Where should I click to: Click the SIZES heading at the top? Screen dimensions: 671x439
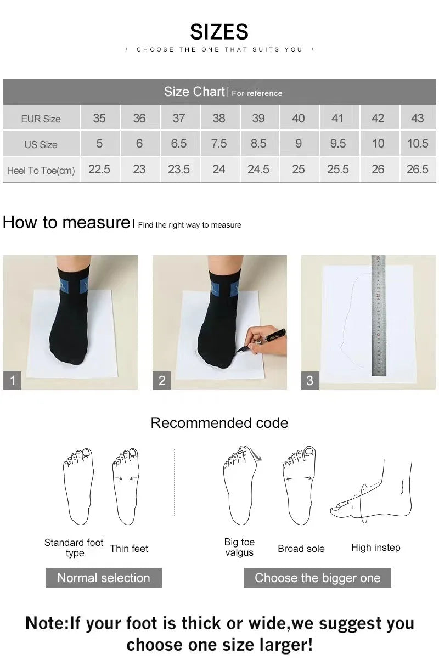[219, 32]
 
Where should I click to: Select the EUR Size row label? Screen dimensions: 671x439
[41, 119]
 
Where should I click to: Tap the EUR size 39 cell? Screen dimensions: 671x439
[258, 118]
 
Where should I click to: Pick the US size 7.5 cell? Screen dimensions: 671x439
[218, 144]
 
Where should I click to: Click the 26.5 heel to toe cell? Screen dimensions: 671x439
[417, 170]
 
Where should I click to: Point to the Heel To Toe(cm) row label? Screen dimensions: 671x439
[41, 171]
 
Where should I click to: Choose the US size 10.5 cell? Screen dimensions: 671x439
[417, 144]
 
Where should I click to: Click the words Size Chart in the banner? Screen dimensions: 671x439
[194, 92]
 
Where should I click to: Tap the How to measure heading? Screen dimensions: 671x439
[66, 223]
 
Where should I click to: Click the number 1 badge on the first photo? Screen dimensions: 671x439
[13, 380]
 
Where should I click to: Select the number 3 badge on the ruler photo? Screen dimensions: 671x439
[310, 380]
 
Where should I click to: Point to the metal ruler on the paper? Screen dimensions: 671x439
[378, 315]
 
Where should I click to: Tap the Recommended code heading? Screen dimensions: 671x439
[219, 423]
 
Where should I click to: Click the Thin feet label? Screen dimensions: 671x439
[129, 548]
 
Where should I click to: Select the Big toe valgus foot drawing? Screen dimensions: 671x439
[240, 486]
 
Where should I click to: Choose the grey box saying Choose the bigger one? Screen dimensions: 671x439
[317, 578]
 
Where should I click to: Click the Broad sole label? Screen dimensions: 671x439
[301, 548]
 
